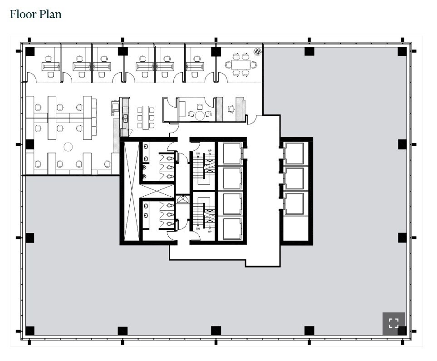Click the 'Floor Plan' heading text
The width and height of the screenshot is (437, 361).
(x=35, y=14)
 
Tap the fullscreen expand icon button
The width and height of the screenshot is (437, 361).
(x=393, y=323)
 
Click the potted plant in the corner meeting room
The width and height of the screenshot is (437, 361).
(x=258, y=52)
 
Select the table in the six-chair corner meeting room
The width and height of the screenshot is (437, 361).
(x=239, y=64)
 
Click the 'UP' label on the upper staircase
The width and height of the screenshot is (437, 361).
(x=210, y=151)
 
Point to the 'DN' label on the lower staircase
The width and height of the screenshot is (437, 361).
(x=198, y=228)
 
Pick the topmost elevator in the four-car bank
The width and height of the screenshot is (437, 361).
(x=232, y=153)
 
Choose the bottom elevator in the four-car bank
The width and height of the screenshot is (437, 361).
(x=232, y=228)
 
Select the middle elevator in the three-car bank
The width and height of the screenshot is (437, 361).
(x=294, y=178)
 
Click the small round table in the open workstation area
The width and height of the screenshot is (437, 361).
(x=68, y=147)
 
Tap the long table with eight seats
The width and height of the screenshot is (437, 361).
(x=146, y=118)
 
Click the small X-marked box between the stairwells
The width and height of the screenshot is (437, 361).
(x=182, y=199)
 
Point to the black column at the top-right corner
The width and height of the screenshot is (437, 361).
(x=402, y=51)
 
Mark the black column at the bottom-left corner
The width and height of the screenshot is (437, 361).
(x=29, y=331)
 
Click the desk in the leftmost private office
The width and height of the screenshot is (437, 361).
(x=51, y=66)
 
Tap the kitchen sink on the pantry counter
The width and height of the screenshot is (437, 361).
(x=126, y=118)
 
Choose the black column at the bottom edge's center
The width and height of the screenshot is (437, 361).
(x=216, y=331)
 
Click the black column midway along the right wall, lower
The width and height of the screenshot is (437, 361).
(x=402, y=237)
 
